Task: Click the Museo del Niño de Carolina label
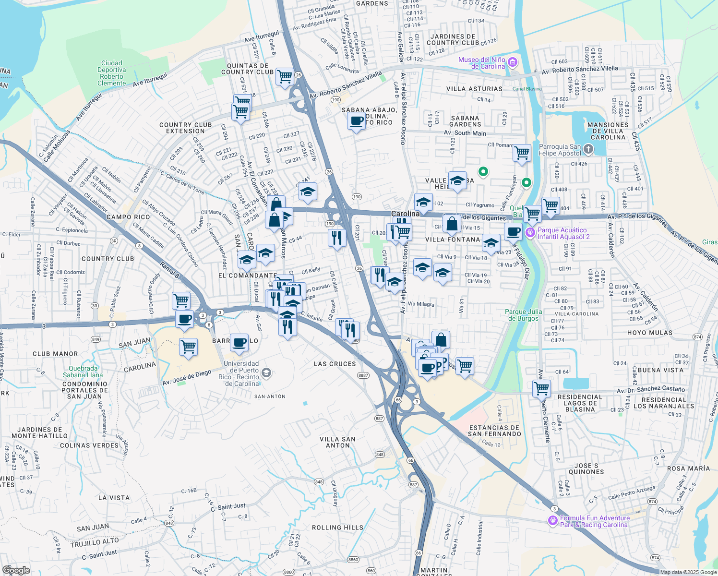point(481,63)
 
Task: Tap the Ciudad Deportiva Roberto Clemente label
point(111,73)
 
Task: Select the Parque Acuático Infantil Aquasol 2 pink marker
point(530,233)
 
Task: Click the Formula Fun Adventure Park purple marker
point(553,520)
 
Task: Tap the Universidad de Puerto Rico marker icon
point(266,372)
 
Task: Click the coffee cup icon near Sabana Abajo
point(356,121)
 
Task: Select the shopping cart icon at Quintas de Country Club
point(285,76)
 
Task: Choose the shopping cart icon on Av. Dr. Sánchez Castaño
point(541,387)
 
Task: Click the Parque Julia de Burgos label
point(523,315)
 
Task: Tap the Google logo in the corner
point(16,570)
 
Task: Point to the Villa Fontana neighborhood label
point(453,240)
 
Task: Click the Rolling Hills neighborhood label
point(337,528)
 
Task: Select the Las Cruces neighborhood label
point(335,364)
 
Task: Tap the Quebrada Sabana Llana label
point(83,372)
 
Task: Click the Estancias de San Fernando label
point(494,431)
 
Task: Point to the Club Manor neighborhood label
point(55,354)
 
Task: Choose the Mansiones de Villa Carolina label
point(608,131)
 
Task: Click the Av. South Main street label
point(465,133)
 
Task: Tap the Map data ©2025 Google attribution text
point(688,572)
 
